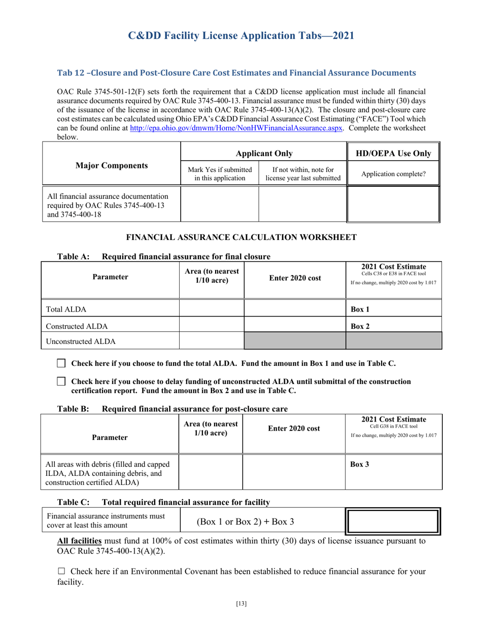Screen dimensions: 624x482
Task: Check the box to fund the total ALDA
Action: [x=61, y=363]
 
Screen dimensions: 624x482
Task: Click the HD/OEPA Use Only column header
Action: [x=393, y=154]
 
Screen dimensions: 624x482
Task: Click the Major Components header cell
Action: [x=112, y=165]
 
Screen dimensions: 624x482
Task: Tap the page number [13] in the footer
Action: [x=241, y=603]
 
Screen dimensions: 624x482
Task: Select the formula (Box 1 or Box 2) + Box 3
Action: [x=245, y=521]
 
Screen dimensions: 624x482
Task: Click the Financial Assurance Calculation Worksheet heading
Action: [x=241, y=237]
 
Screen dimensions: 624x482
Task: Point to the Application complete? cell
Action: [x=393, y=174]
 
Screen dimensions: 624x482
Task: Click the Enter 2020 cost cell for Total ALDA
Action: [x=294, y=309]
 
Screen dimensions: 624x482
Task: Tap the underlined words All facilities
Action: [x=82, y=541]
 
